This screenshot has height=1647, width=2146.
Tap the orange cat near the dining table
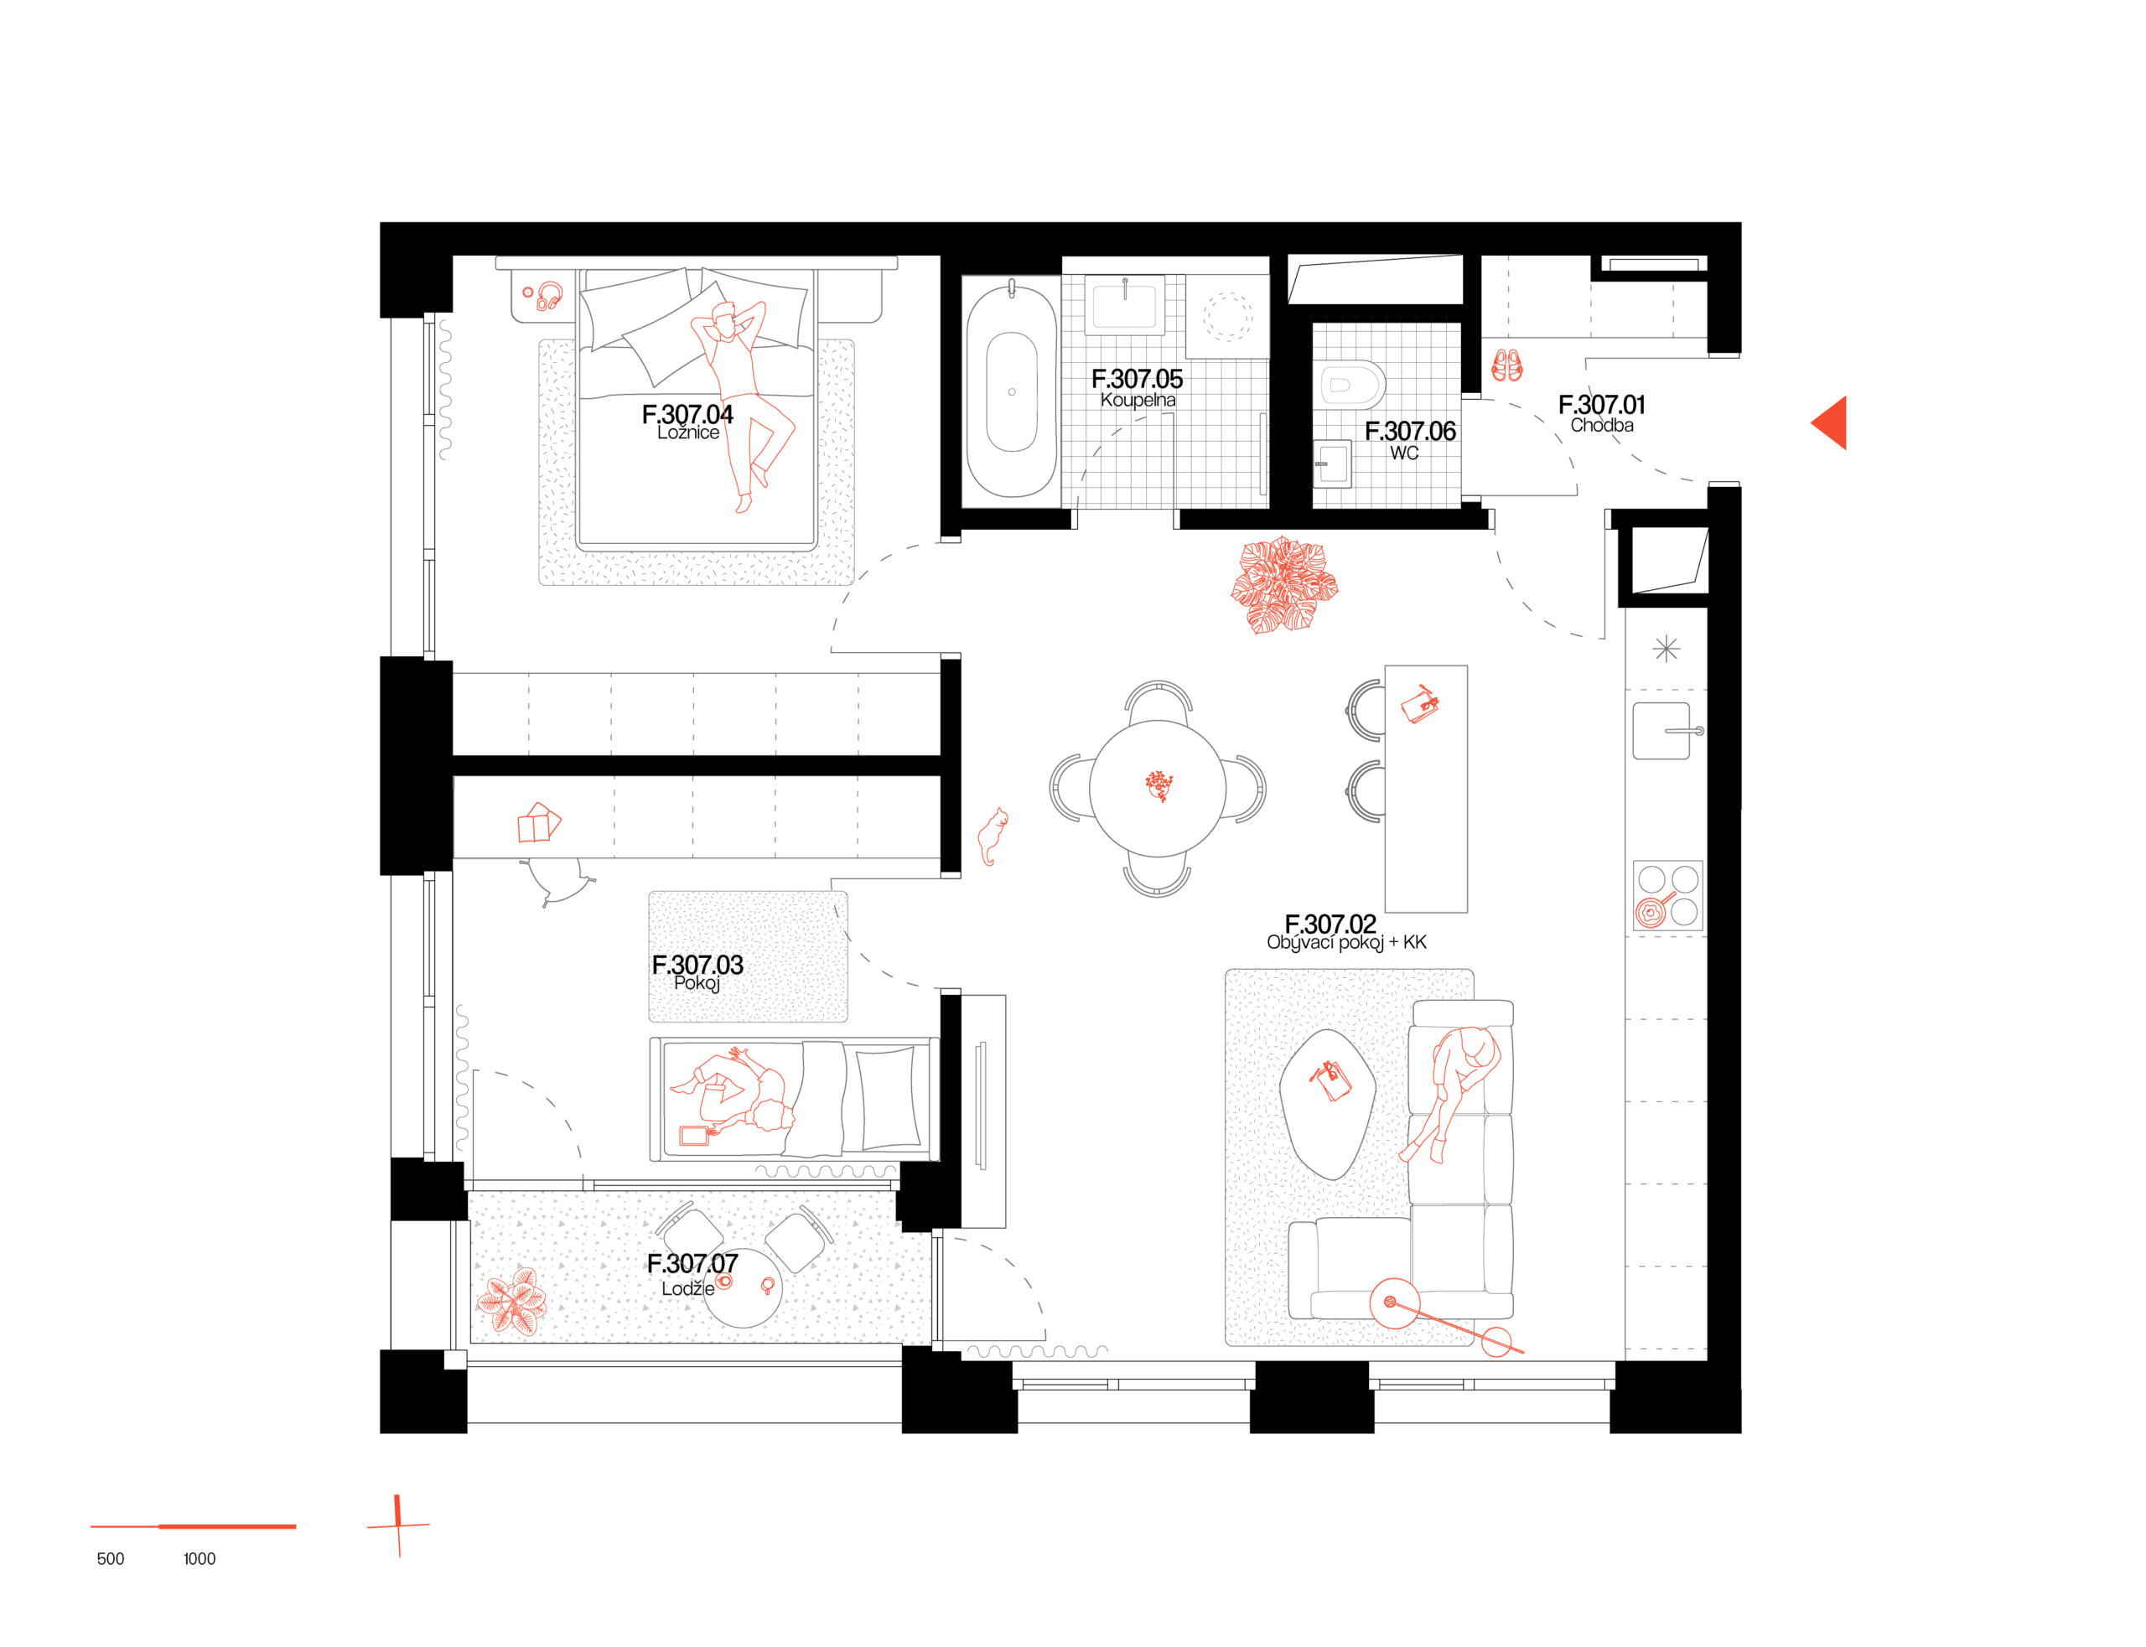coord(993,836)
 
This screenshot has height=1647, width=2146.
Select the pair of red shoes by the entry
coord(1506,365)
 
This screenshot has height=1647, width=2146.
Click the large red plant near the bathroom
coord(1283,585)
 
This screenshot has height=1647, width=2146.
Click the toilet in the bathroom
coord(1348,384)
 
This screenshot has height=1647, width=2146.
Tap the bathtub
coord(1011,392)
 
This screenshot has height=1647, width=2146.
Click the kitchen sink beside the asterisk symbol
coord(1661,730)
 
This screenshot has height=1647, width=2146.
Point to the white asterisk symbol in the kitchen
coord(1666,649)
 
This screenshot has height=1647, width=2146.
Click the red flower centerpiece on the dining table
coord(1159,785)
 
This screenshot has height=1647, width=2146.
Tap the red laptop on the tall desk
coord(1419,705)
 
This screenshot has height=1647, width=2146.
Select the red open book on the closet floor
coord(538,823)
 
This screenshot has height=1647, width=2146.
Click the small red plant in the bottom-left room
coord(514,1301)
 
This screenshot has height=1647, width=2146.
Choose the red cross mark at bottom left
coord(398,1525)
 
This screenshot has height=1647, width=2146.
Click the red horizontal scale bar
coord(193,1525)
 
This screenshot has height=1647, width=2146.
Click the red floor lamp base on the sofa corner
coord(1393,1303)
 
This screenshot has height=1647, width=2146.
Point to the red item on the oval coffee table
coord(1330,1081)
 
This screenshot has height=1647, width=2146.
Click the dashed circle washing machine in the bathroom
coord(1226,317)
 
